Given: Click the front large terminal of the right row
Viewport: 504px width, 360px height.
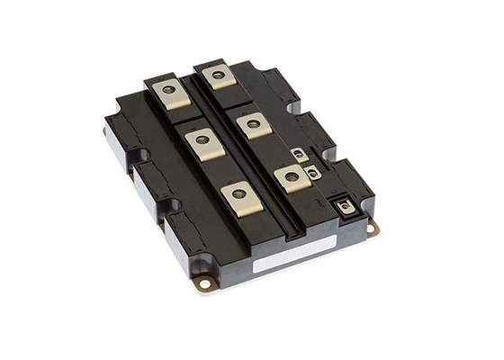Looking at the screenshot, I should click(x=289, y=176).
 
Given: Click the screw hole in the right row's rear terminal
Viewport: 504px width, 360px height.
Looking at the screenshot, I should click(x=217, y=74).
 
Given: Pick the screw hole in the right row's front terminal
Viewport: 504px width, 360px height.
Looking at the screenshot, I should click(x=290, y=176).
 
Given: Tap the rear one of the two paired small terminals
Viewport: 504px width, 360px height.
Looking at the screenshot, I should click(x=299, y=155).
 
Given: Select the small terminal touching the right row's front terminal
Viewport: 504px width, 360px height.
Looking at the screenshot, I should click(x=311, y=171).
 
